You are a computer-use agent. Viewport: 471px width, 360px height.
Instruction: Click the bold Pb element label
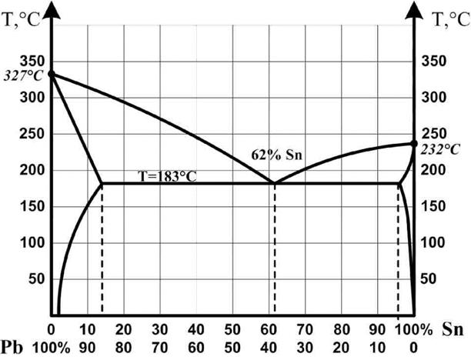tap(15, 347)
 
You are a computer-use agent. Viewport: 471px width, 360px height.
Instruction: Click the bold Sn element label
tap(454, 330)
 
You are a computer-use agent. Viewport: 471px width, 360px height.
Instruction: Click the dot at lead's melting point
tap(52, 74)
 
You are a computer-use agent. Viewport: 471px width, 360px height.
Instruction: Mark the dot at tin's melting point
tap(414, 143)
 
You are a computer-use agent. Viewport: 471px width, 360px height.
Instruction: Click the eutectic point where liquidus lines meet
tap(275, 183)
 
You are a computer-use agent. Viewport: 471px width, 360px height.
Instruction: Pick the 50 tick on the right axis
tap(434, 279)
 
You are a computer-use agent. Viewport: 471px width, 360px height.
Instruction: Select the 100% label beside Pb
tap(56, 347)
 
